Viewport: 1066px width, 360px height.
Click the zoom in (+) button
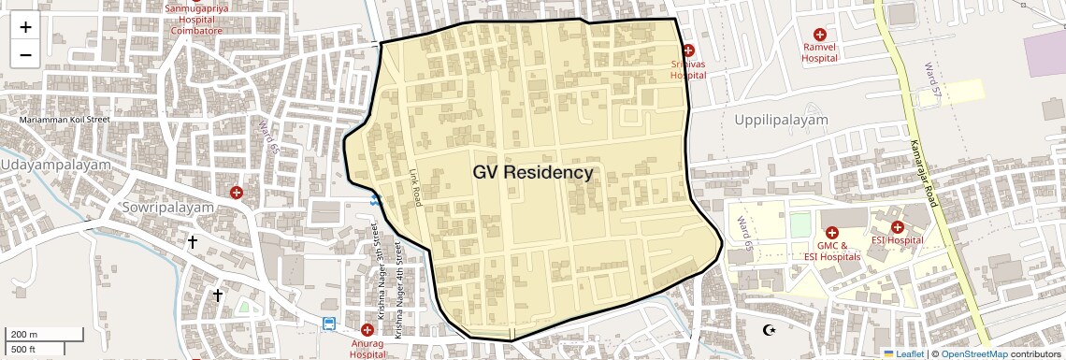[25, 26]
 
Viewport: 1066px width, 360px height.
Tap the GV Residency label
[532, 173]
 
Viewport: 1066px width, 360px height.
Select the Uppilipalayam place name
[781, 121]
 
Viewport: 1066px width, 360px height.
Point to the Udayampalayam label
[55, 164]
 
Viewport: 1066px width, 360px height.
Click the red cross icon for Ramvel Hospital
[820, 33]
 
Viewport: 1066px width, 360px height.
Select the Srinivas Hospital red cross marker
[688, 50]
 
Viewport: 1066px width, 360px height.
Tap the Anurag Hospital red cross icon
[367, 330]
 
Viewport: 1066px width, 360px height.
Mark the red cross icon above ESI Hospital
[897, 226]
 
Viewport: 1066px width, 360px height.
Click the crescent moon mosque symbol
[770, 329]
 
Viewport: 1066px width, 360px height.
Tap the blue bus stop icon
[329, 324]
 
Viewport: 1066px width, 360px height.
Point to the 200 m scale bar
[36, 335]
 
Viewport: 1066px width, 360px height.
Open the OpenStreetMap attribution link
[973, 353]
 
